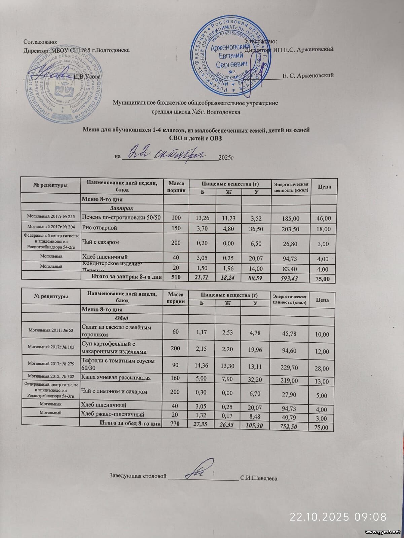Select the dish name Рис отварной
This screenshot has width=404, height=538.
100,228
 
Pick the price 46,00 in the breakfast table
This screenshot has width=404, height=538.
324,219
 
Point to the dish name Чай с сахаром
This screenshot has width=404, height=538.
101,242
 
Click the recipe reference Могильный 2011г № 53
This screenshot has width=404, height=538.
51,330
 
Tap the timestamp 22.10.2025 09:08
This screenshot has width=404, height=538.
338,516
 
